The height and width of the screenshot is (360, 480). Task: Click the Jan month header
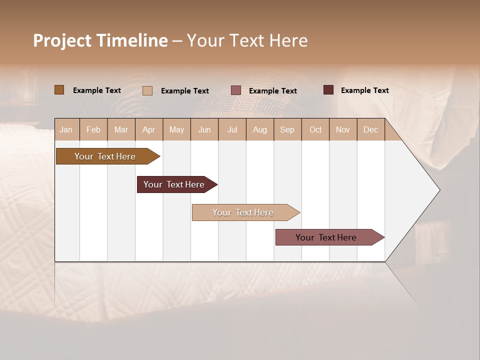(x=66, y=129)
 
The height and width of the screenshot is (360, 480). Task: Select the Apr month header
(x=148, y=129)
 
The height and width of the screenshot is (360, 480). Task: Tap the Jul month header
(x=232, y=129)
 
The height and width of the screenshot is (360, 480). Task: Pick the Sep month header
(x=287, y=129)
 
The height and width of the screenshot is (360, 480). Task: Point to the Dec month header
(x=370, y=129)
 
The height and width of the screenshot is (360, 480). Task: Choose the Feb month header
(x=93, y=129)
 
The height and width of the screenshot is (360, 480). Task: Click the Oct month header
(x=315, y=129)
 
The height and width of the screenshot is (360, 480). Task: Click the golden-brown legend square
(x=59, y=90)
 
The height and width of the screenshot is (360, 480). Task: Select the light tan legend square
(x=147, y=90)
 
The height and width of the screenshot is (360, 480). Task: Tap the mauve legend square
(x=236, y=90)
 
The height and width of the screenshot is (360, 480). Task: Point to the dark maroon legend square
(x=328, y=90)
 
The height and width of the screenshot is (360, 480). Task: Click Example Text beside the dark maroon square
(x=364, y=90)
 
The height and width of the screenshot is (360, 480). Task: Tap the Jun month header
(x=204, y=129)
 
